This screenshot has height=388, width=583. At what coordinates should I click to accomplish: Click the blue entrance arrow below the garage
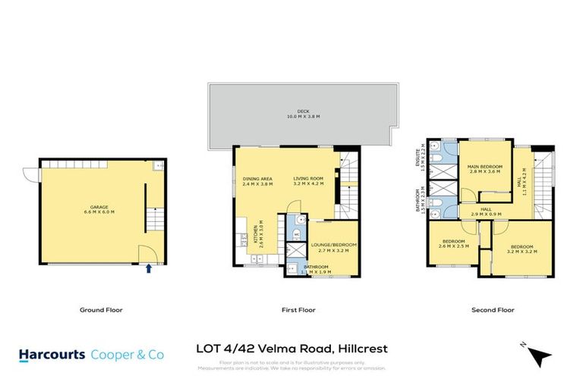click(148, 268)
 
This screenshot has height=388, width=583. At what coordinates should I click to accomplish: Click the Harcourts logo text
click(53, 354)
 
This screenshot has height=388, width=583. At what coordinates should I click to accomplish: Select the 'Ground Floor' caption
click(101, 309)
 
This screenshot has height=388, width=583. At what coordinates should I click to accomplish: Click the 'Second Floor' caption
click(493, 309)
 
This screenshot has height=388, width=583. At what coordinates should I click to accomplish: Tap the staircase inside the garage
click(155, 221)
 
